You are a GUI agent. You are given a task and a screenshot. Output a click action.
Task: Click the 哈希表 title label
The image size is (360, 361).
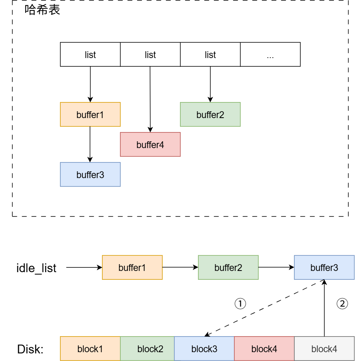[42, 10]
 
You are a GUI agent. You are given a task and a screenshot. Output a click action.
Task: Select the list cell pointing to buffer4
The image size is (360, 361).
[150, 55]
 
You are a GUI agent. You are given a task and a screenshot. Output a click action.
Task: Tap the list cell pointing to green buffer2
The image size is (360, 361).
[210, 55]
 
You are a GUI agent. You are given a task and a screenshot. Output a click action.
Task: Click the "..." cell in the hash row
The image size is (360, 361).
[270, 55]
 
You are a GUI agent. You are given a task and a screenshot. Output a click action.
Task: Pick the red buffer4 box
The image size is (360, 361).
[150, 144]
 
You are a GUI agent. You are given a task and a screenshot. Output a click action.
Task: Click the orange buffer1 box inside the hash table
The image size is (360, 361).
[90, 115]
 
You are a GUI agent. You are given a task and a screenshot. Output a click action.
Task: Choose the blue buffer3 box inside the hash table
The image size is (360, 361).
[90, 174]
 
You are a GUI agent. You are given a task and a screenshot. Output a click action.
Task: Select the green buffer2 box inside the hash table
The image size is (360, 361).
[210, 115]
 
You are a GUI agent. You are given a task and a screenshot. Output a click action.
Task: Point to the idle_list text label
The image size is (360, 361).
[36, 268]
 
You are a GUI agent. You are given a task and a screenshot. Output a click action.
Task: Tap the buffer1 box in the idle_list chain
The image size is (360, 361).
[132, 267]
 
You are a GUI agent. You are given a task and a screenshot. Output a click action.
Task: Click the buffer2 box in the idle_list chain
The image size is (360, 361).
[228, 267]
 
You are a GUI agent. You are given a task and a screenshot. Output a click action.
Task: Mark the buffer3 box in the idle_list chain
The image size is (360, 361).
[324, 267]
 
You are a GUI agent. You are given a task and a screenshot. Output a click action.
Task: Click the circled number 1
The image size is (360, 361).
[240, 304]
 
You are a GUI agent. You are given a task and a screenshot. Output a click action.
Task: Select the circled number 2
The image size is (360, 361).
[342, 304]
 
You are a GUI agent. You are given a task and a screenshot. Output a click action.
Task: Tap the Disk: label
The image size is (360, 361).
[30, 349]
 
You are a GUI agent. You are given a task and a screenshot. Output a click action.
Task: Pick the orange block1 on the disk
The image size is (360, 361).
[90, 349]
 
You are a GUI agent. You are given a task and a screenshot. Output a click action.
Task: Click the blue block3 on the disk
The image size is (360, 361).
[204, 349]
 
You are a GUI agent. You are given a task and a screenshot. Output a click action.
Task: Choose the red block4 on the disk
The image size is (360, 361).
[264, 349]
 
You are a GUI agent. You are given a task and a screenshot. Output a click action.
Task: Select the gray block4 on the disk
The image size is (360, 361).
[324, 349]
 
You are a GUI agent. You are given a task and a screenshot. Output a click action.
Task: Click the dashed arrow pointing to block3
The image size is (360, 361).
[264, 309]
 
